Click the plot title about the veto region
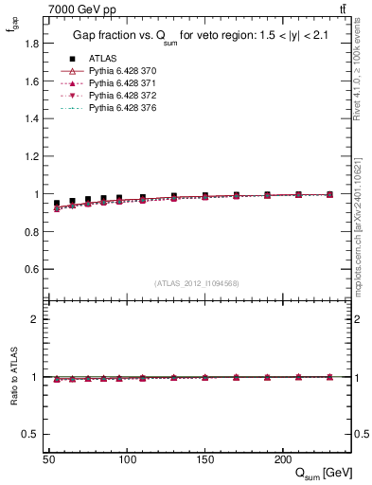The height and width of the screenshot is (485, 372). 197,36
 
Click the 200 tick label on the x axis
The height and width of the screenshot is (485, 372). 282,458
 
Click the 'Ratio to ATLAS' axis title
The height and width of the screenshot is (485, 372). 11,378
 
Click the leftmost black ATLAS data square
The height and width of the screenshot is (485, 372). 57,203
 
